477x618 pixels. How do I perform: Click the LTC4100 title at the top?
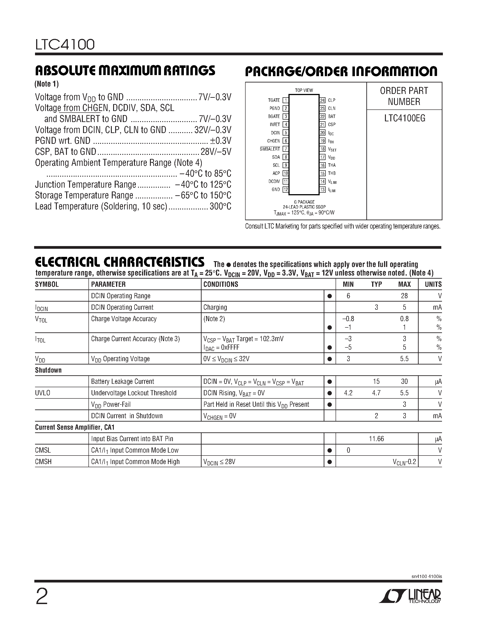65,44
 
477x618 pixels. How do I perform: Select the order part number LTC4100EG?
404,118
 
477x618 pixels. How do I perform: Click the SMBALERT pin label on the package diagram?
270,149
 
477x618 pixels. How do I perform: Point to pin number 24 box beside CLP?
322,100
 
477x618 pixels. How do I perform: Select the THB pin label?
332,173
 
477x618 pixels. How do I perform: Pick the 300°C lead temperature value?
220,206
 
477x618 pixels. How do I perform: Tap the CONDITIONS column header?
221,284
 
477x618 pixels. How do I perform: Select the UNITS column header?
433,284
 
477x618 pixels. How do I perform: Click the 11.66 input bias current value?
376,439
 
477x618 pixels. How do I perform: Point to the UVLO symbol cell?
43,393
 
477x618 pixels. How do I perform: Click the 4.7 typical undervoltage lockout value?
376,393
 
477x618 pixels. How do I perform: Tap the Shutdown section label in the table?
48,370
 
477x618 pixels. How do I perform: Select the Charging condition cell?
215,307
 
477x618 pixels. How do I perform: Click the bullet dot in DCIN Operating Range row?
330,296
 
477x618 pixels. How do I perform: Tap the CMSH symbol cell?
43,462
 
